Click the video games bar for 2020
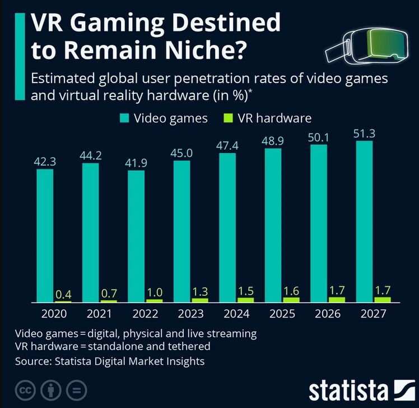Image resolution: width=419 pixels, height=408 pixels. pyautogui.click(x=45, y=236)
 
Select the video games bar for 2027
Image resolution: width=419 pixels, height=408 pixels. pyautogui.click(x=365, y=222)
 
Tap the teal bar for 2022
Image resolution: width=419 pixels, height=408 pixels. pyautogui.click(x=136, y=236)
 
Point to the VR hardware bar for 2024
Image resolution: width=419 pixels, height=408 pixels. pyautogui.click(x=245, y=300)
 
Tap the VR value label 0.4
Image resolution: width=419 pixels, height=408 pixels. pyautogui.click(x=63, y=293)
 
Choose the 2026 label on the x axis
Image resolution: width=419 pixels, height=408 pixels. pyautogui.click(x=328, y=314)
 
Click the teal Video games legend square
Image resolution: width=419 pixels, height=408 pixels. pyautogui.click(x=124, y=118)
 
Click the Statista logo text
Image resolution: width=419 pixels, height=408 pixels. pyautogui.click(x=347, y=389)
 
